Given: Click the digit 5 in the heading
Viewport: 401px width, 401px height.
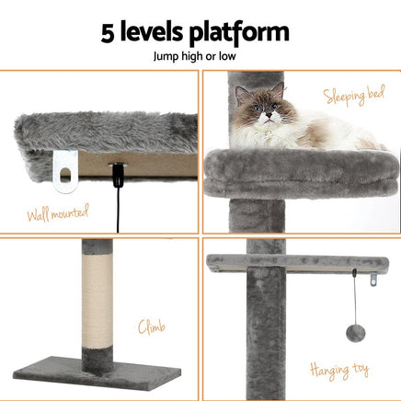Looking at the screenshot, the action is pyautogui.click(x=108, y=33).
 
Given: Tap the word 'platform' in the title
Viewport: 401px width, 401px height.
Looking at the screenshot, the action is pyautogui.click(x=239, y=33).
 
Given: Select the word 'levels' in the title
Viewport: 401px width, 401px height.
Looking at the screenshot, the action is pyautogui.click(x=152, y=31).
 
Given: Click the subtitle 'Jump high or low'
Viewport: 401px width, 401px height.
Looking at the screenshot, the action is pyautogui.click(x=194, y=57).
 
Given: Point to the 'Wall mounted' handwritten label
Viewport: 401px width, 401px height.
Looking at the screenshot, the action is pyautogui.click(x=58, y=212).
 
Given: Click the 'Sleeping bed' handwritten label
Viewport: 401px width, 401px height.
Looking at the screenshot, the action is pyautogui.click(x=354, y=95).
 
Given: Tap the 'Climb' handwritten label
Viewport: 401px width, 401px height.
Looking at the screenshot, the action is pyautogui.click(x=152, y=327).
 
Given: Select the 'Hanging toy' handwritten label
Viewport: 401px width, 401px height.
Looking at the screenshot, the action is pyautogui.click(x=339, y=371).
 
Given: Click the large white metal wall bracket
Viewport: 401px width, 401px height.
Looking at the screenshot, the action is pyautogui.click(x=64, y=171).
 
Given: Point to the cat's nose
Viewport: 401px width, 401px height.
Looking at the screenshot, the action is pyautogui.click(x=269, y=115).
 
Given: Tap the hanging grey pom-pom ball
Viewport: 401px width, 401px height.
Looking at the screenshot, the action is pyautogui.click(x=356, y=333).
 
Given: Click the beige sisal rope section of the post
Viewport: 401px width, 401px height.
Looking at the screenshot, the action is pyautogui.click(x=97, y=300).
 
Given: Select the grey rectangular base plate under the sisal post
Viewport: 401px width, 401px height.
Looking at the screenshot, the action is pyautogui.click(x=97, y=372).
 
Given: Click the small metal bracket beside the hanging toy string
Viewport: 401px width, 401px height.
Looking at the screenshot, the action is pyautogui.click(x=373, y=280).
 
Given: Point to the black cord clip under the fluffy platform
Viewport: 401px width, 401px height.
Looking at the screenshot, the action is pyautogui.click(x=118, y=175).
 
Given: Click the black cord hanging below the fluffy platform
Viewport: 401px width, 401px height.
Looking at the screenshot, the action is pyautogui.click(x=118, y=209).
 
